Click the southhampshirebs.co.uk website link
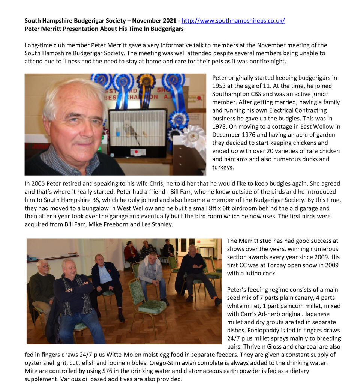pos(233,21)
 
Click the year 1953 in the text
pos(219,86)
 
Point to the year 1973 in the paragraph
pos(219,126)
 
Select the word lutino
pos(250,273)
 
